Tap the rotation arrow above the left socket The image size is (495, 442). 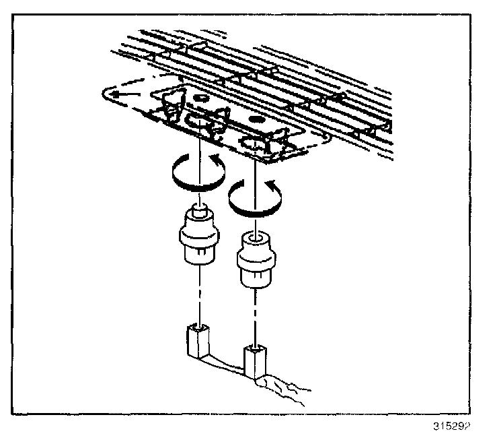click(194, 170)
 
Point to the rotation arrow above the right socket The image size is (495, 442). click(253, 196)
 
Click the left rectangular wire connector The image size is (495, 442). click(198, 342)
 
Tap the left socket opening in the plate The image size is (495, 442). click(199, 122)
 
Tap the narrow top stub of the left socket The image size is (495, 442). click(198, 211)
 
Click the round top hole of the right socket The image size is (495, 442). click(255, 237)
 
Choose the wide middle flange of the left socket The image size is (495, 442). click(198, 235)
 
